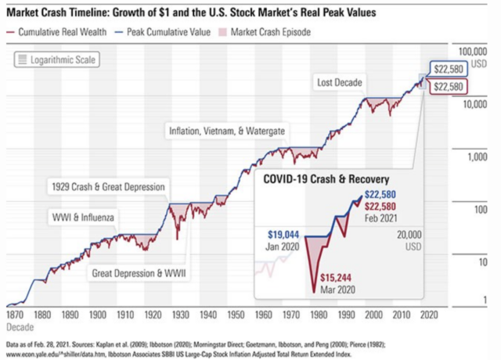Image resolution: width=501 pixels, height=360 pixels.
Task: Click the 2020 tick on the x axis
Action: [x=428, y=314]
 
